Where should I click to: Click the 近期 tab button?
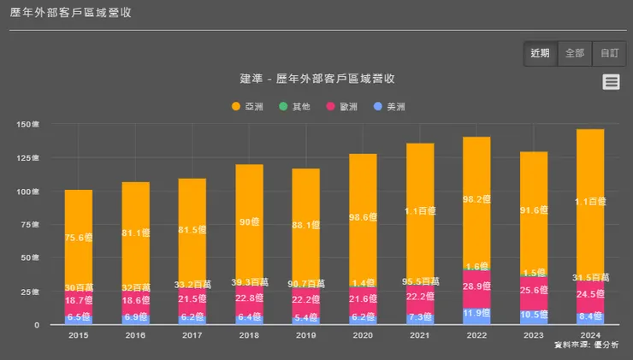(541, 53)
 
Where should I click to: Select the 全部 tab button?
(575, 53)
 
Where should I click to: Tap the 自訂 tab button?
(609, 53)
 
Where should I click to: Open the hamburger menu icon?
(611, 82)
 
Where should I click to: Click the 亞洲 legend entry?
(248, 107)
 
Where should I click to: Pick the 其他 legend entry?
(295, 107)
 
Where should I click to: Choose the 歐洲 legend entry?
(342, 107)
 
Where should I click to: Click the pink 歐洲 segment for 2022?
(476, 291)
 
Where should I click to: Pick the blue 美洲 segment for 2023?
(534, 315)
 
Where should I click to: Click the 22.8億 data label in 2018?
(249, 298)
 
